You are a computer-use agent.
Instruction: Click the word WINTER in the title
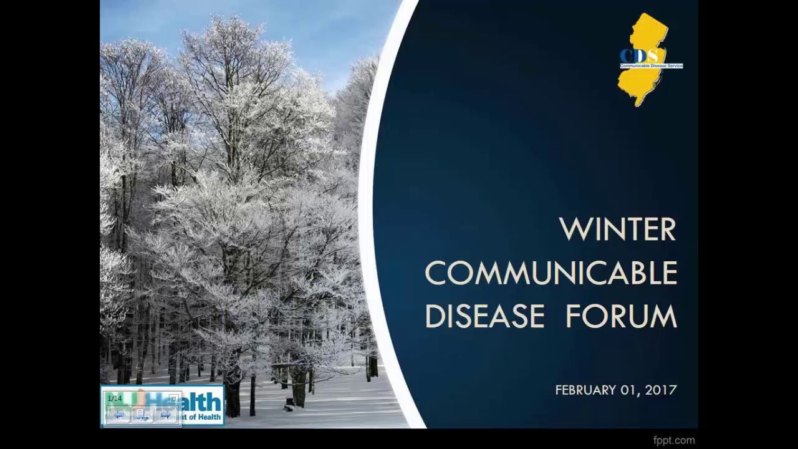[618, 229]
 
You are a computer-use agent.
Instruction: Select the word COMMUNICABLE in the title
[551, 273]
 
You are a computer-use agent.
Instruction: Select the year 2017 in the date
[661, 390]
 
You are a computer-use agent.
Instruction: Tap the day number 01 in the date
[628, 390]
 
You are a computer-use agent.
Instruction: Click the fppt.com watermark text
[674, 440]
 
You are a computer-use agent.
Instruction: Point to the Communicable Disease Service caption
[651, 65]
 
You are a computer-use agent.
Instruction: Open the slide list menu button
[142, 415]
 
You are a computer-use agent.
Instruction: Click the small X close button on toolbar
[173, 398]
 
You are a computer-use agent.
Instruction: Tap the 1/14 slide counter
[115, 398]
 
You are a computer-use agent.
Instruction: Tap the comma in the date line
[640, 393]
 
